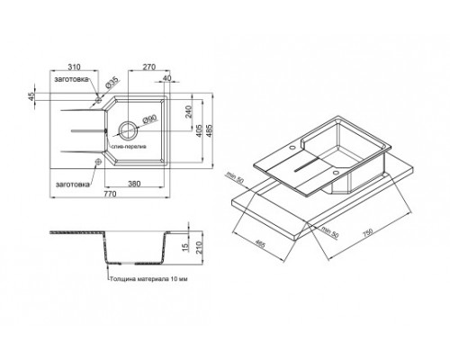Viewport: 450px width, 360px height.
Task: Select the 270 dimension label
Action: pyautogui.click(x=149, y=67)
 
